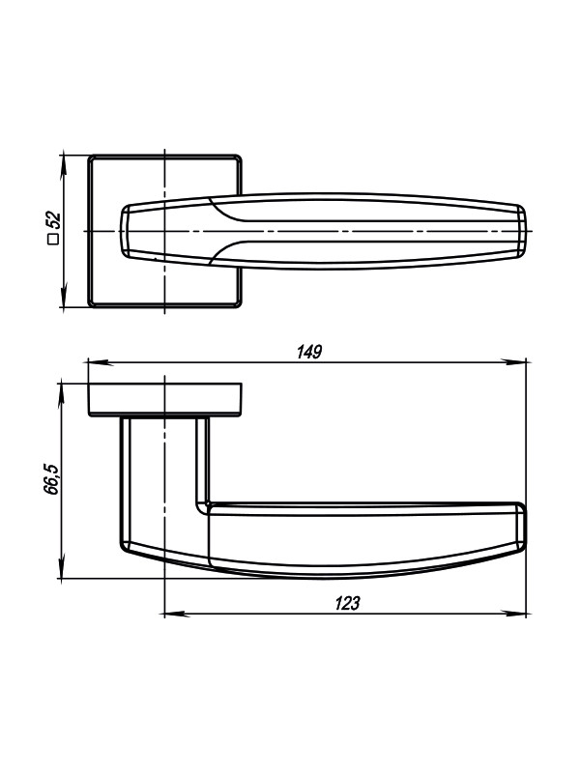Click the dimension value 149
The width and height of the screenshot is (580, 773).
coord(309,352)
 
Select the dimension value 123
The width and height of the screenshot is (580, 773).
coord(348,603)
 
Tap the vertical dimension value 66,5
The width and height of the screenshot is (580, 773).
coord(51,478)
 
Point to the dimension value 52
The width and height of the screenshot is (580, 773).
coord(53,219)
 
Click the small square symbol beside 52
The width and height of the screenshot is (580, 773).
coord(53,239)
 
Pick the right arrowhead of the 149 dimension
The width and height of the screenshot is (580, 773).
coord(515,361)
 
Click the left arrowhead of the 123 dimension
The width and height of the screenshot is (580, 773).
coord(174,615)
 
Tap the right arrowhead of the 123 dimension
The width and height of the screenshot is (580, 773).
coord(515,615)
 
